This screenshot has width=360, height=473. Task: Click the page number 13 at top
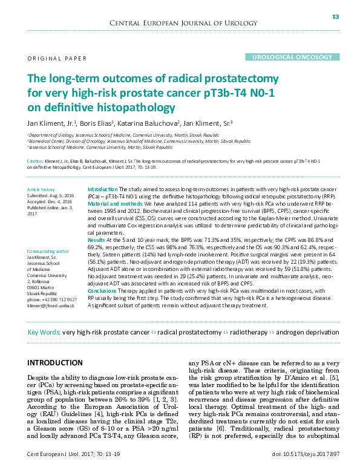click(x=336, y=16)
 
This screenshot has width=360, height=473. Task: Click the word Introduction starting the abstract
click(x=103, y=189)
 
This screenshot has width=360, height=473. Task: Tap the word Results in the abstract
click(x=97, y=240)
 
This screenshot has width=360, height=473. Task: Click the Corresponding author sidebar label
click(x=47, y=251)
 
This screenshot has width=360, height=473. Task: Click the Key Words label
click(x=44, y=333)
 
